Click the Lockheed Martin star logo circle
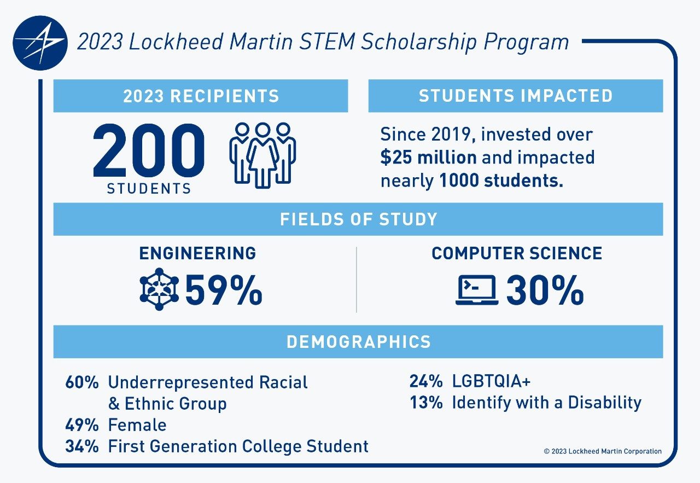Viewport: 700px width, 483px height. tap(40, 43)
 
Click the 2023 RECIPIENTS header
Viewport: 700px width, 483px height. tap(201, 96)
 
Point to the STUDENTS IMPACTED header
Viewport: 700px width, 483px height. tap(516, 96)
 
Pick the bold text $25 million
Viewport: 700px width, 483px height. tap(428, 158)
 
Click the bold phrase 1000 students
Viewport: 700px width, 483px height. tap(501, 181)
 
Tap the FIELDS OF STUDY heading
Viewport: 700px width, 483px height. tap(358, 219)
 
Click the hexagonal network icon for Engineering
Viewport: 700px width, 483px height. tap(159, 289)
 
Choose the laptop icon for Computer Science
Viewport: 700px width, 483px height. tap(477, 290)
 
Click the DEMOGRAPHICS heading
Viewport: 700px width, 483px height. tap(358, 342)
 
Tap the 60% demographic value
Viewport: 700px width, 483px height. tap(81, 382)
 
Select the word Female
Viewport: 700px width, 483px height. tap(137, 425)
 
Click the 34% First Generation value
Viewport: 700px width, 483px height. tap(81, 446)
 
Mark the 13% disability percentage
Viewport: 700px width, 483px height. tap(426, 403)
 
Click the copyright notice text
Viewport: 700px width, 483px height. tap(603, 451)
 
